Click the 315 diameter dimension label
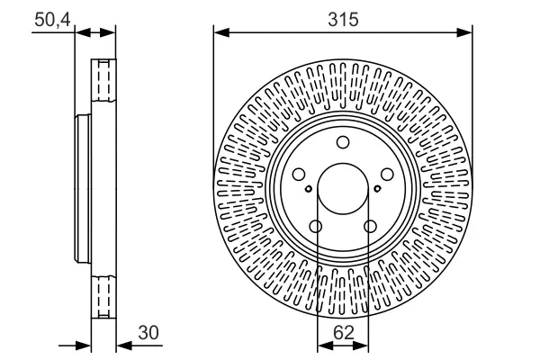(343, 20)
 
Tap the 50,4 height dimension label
(52, 20)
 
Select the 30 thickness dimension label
(148, 333)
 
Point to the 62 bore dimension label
(344, 333)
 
